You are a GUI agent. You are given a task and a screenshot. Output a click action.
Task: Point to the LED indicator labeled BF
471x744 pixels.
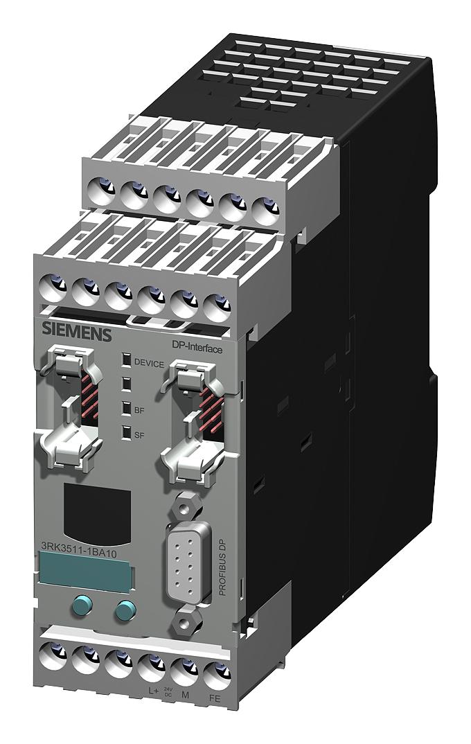click(x=126, y=408)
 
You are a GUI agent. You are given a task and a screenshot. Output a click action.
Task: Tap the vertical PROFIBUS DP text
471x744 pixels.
click(x=222, y=565)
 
